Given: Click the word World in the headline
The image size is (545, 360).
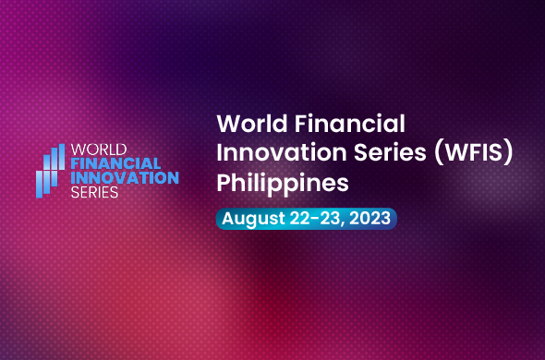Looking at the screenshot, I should click(x=247, y=123).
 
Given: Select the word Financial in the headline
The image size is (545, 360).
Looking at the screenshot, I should click(x=345, y=123).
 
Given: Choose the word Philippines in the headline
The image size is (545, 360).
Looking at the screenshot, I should click(x=282, y=184).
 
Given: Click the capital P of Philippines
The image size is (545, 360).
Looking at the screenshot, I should click(x=223, y=183).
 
